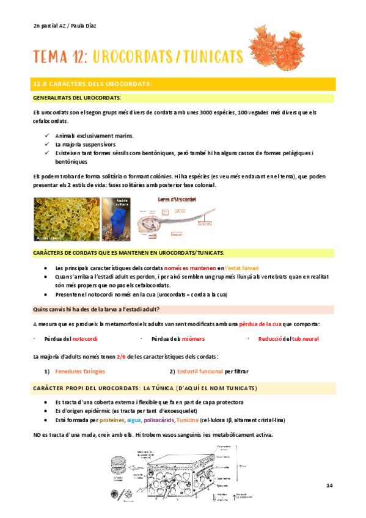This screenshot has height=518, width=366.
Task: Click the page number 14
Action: (329, 485)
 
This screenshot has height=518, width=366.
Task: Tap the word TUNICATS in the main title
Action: (210, 57)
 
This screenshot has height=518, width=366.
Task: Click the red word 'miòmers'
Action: (193, 339)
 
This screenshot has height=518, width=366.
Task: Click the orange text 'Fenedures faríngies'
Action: (80, 371)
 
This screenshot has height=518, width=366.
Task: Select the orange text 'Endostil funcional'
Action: (200, 371)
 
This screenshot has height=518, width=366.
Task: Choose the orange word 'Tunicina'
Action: (188, 420)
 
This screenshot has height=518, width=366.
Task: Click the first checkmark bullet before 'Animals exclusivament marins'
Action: (48, 136)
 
